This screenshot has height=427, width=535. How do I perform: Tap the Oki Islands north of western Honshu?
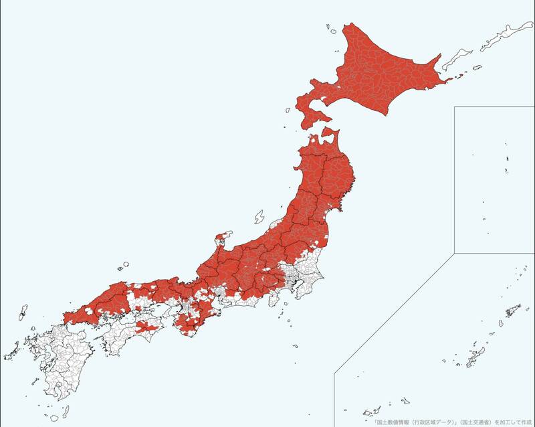tap(123, 266)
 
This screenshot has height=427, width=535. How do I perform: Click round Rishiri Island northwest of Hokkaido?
tap(329, 27)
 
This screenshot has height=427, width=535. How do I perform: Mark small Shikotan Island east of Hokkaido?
tap(477, 67)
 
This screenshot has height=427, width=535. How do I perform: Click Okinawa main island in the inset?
tap(474, 355)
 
